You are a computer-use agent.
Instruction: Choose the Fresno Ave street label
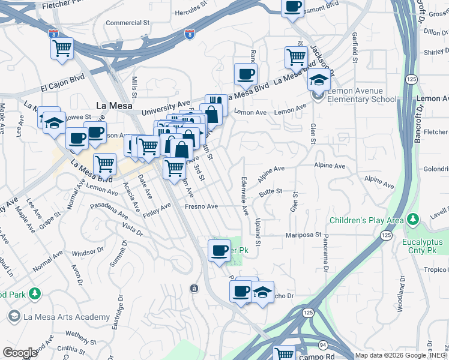tap(200, 206)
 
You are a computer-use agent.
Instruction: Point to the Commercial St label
tap(127, 23)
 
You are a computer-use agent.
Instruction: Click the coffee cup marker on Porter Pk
tap(219, 249)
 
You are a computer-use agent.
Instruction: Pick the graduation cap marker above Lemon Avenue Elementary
tap(319, 79)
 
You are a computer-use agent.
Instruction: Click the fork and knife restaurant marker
tap(216, 103)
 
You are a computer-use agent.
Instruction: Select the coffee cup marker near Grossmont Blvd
tap(293, 7)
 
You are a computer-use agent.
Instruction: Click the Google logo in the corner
tap(19, 353)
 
